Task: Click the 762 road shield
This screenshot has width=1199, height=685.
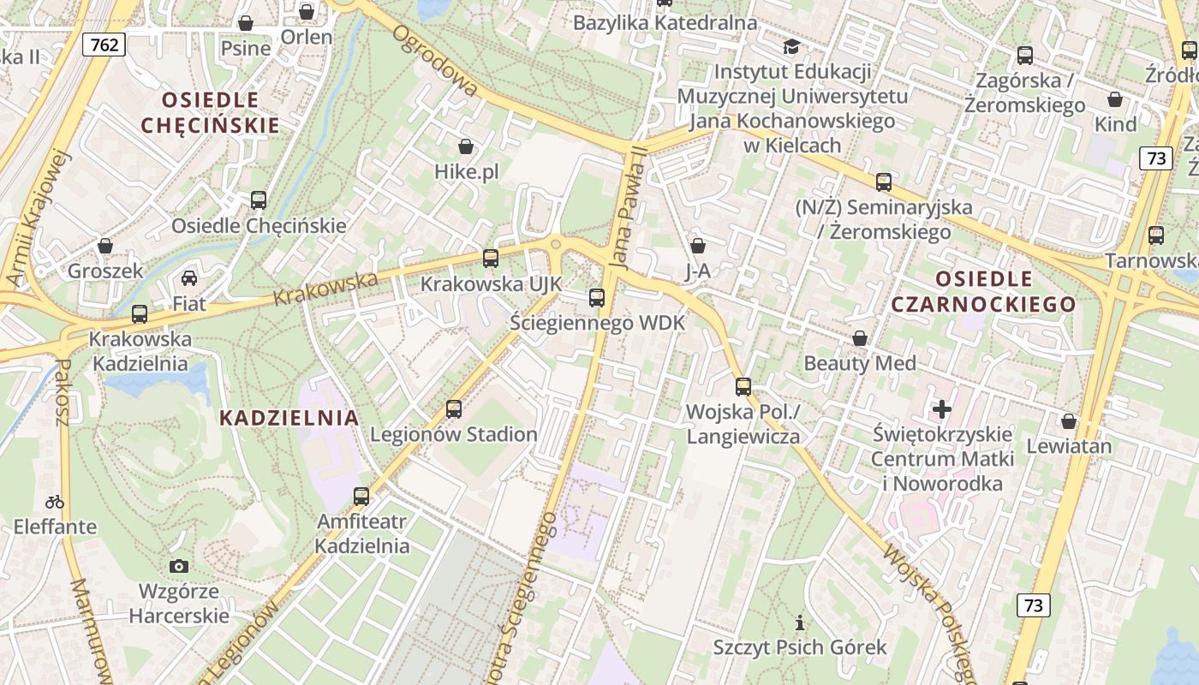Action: click(x=104, y=44)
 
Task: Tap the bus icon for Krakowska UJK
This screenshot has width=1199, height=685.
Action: click(x=491, y=258)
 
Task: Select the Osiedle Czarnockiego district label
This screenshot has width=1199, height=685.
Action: click(x=983, y=291)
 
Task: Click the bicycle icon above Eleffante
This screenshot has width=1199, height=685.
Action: click(x=55, y=502)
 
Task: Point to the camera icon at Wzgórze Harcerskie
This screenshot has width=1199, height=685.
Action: click(x=179, y=566)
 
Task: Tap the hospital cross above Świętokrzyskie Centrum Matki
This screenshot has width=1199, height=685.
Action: click(x=942, y=409)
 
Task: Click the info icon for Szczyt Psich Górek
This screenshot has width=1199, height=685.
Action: click(x=800, y=622)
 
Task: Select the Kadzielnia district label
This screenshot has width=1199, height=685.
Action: click(x=289, y=418)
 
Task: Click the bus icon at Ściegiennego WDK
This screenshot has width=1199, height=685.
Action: click(x=597, y=298)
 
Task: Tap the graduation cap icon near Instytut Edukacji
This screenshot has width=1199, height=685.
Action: click(x=791, y=46)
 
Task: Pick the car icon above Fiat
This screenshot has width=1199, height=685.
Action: click(x=189, y=278)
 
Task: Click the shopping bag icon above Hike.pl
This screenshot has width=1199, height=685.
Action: click(x=466, y=146)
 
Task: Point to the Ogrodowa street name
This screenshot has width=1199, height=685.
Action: click(x=436, y=60)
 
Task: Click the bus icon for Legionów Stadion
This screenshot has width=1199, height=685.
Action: click(x=454, y=409)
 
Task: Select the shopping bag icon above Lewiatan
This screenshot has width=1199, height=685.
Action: click(x=1069, y=420)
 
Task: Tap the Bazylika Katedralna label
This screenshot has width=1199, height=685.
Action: click(x=665, y=23)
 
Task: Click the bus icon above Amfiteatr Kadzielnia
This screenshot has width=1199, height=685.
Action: click(x=361, y=496)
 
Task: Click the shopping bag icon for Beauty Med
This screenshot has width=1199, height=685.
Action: click(x=860, y=338)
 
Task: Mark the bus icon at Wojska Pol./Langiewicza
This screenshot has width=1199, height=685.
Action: click(x=743, y=386)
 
